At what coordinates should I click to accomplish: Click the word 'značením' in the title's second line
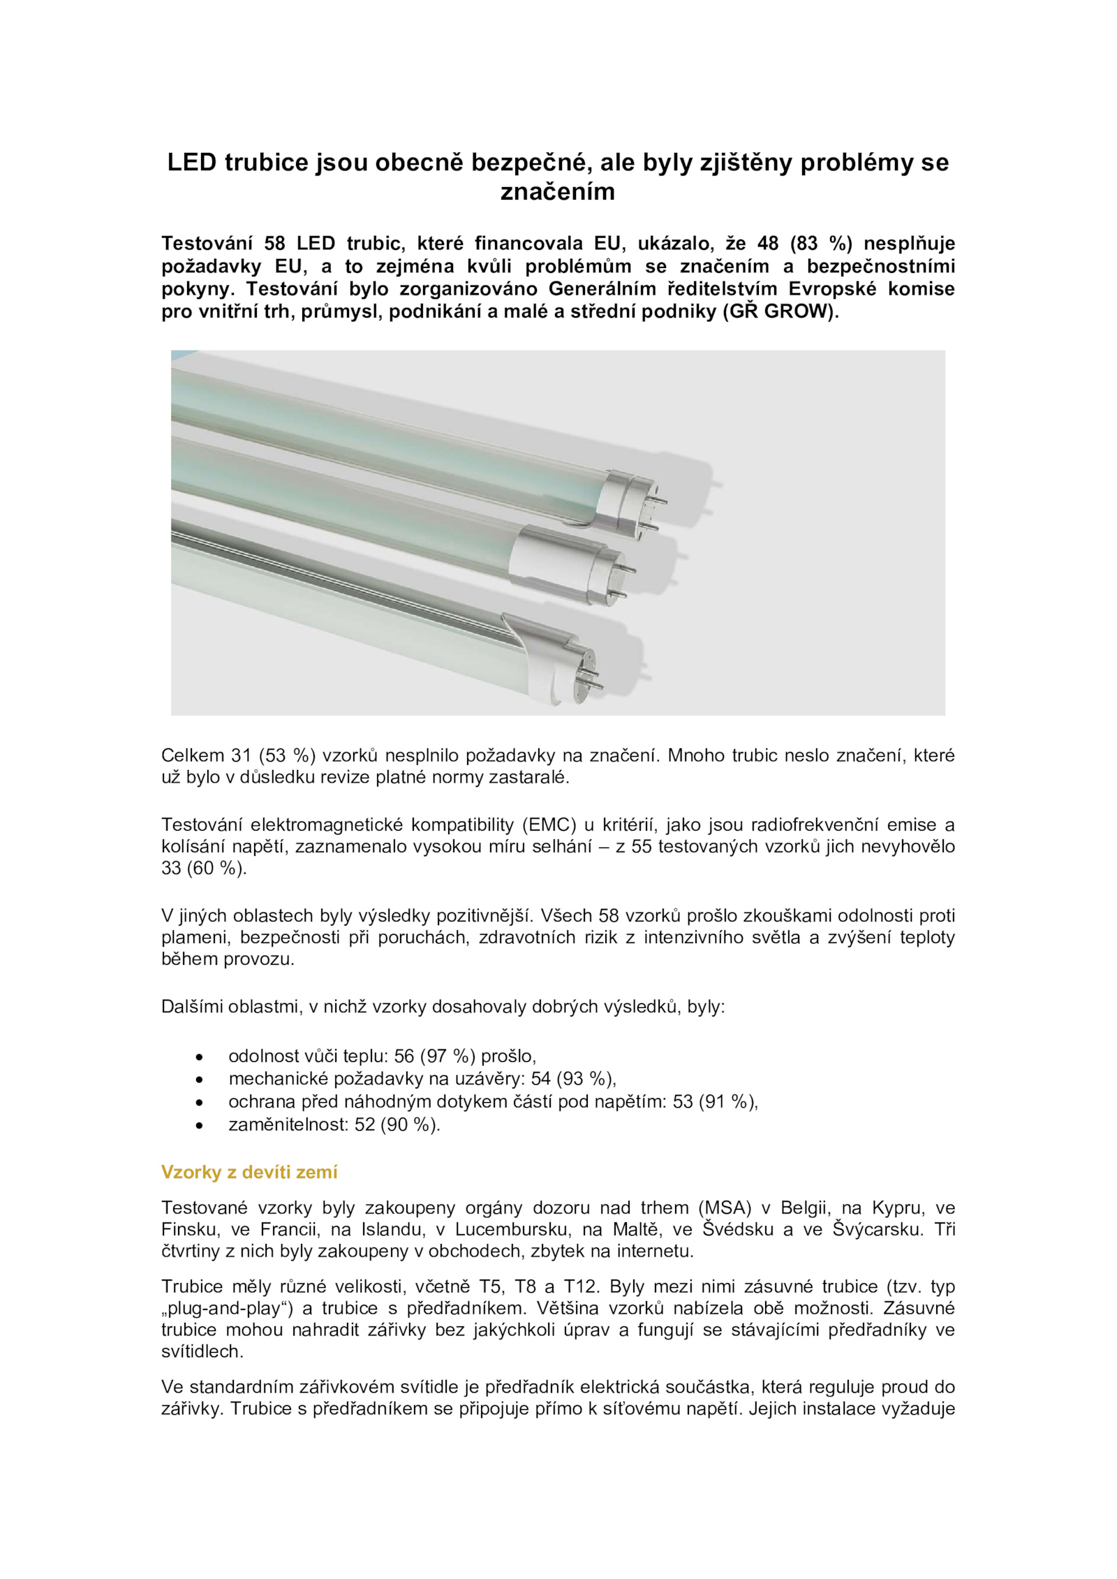point(557,191)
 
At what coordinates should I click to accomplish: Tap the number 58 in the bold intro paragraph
point(274,243)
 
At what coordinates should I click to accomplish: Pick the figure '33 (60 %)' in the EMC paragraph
point(204,868)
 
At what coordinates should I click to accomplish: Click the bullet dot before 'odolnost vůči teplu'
point(200,1057)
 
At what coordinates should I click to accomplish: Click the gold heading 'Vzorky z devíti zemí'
point(249,1172)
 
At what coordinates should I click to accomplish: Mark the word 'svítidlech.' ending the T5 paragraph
point(202,1351)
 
